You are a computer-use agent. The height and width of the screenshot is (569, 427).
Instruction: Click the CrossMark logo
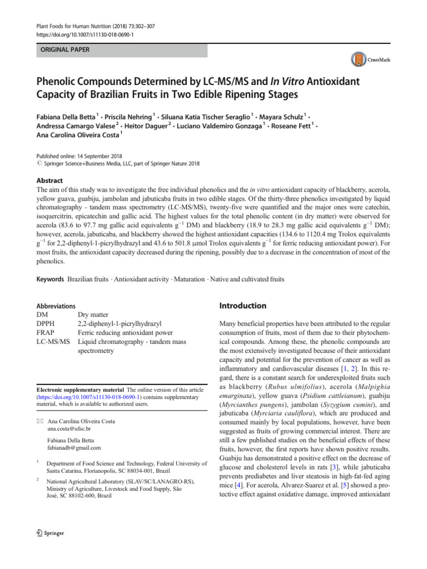click(368, 59)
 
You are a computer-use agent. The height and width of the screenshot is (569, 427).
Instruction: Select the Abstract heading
click(49, 181)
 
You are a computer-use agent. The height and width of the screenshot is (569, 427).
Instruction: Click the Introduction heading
click(243, 306)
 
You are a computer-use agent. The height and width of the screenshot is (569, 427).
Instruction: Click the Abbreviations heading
click(56, 306)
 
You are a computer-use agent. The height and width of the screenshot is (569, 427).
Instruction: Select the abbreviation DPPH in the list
click(47, 323)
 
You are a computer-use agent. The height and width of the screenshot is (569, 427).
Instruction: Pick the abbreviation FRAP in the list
click(46, 333)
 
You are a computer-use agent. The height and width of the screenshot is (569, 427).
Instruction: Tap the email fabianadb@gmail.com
click(75, 447)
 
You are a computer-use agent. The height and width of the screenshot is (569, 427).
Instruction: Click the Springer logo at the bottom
click(49, 533)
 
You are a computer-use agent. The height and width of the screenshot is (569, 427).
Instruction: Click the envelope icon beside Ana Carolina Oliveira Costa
click(39, 421)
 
